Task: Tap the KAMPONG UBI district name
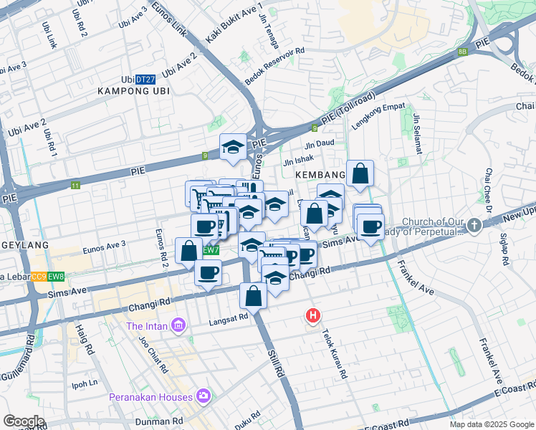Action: click(x=134, y=91)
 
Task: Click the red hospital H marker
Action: click(x=312, y=315)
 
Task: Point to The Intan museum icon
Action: click(x=178, y=327)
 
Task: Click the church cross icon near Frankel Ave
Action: click(x=473, y=226)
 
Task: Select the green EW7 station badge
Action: click(x=210, y=250)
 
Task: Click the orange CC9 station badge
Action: click(x=39, y=277)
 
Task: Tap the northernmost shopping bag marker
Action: click(x=360, y=173)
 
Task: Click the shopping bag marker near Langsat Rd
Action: click(x=254, y=295)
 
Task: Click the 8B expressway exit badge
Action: click(x=463, y=52)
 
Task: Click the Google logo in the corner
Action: click(x=24, y=421)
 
